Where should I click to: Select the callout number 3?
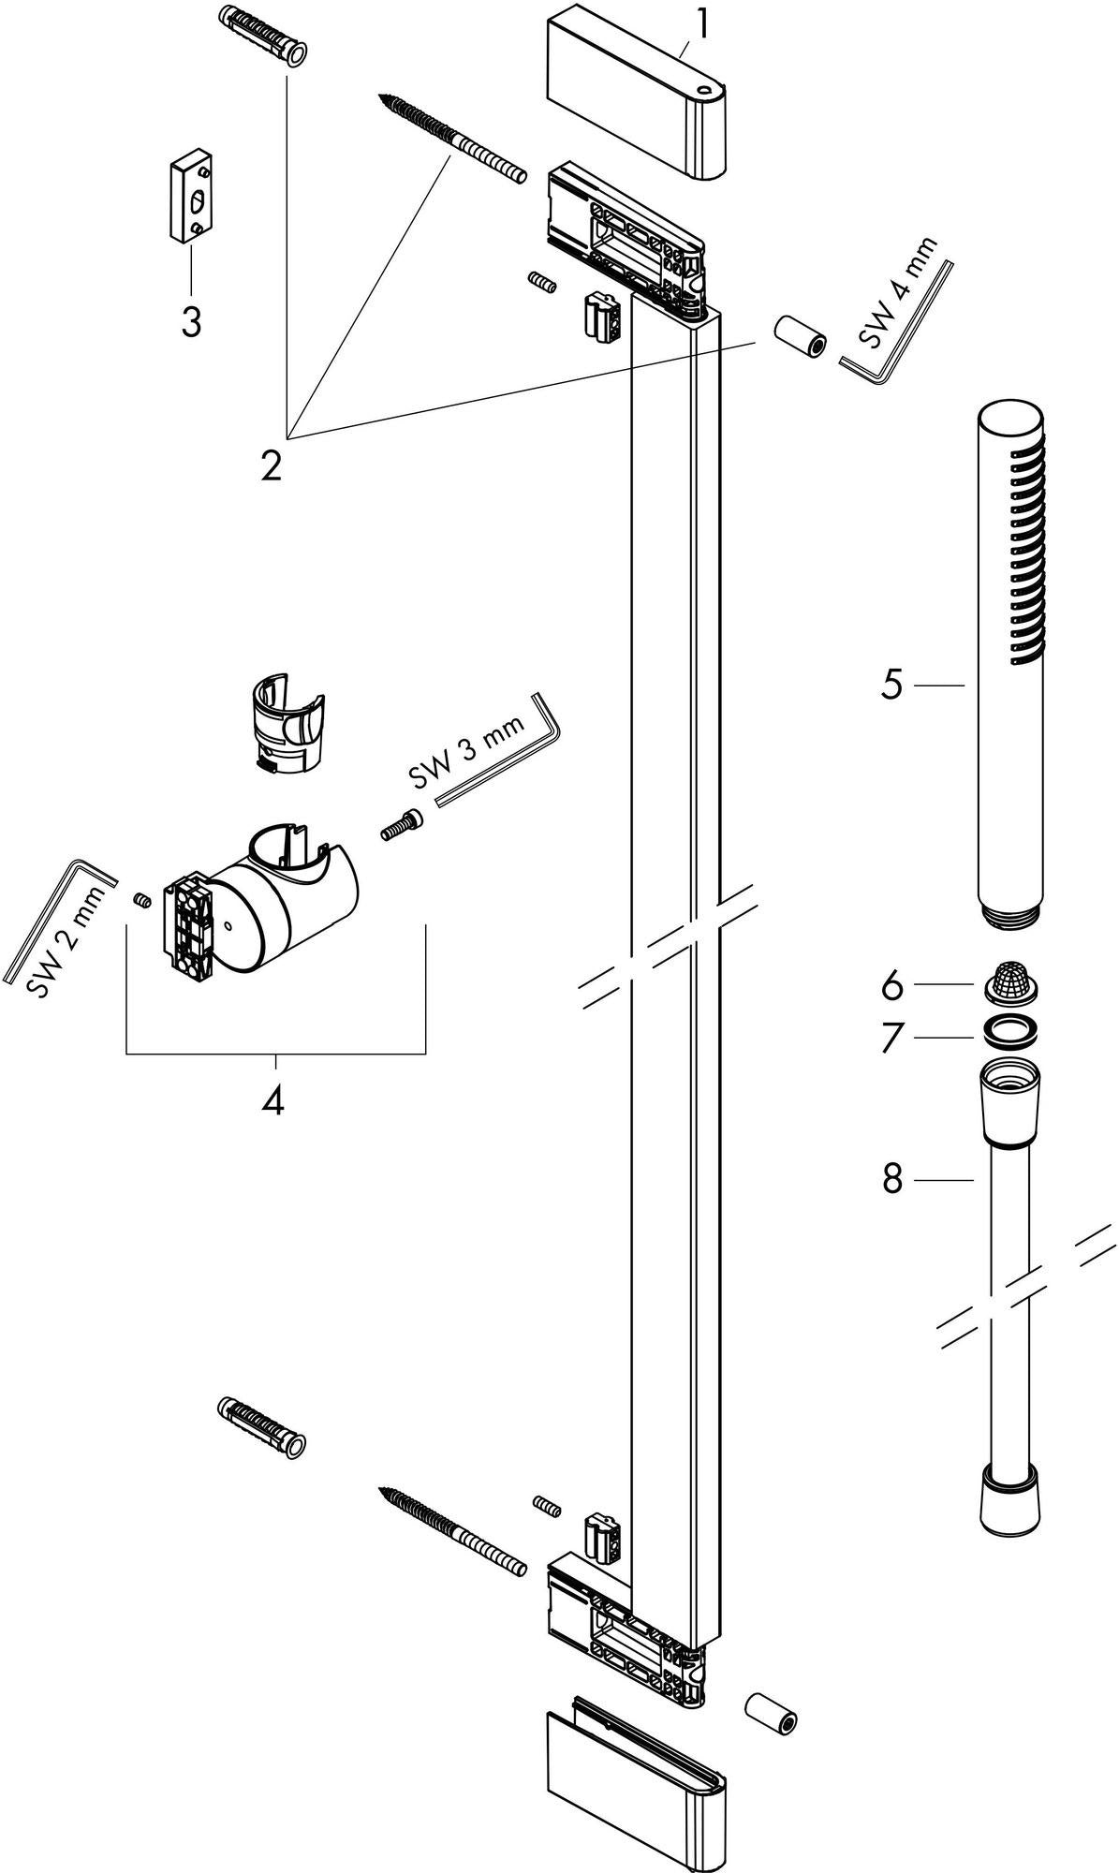(x=191, y=323)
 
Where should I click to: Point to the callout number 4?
(x=272, y=1100)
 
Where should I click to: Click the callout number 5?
(x=891, y=686)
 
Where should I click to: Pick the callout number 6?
(x=891, y=985)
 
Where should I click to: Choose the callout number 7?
(x=891, y=1037)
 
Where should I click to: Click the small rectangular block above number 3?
(x=191, y=199)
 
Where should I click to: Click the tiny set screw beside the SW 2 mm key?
(x=143, y=900)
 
